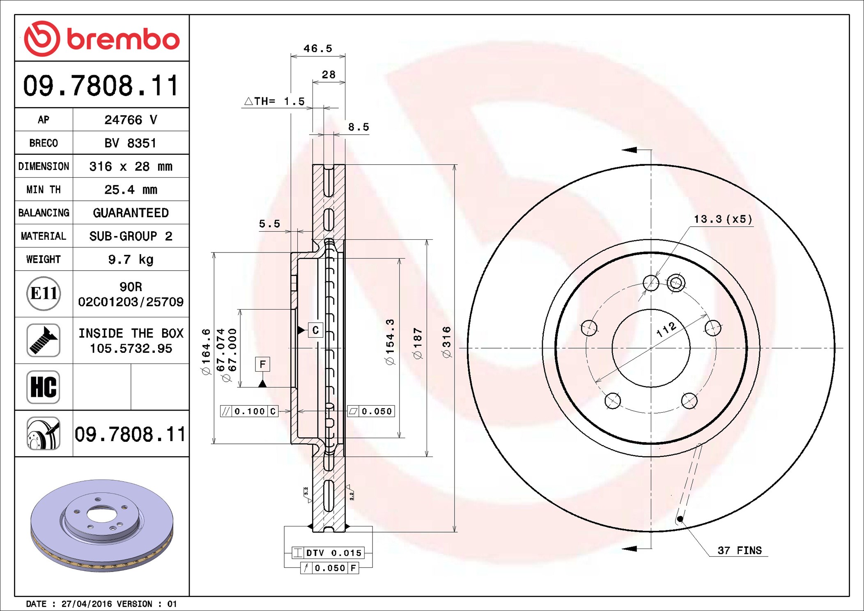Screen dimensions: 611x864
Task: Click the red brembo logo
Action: click(x=101, y=39)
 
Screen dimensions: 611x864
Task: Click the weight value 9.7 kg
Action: click(x=131, y=260)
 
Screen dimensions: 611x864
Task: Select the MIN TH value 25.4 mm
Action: click(x=131, y=190)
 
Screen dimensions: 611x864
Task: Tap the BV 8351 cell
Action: click(x=131, y=143)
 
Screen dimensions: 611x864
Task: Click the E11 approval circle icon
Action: click(x=44, y=294)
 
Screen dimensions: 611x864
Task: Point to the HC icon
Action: click(x=44, y=387)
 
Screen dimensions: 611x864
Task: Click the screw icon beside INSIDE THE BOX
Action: click(x=44, y=340)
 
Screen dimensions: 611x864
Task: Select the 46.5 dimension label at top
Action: click(x=317, y=49)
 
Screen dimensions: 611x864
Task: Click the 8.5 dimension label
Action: click(x=358, y=127)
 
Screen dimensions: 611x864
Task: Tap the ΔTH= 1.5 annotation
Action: click(x=275, y=101)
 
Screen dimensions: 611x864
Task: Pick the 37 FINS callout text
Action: click(x=739, y=551)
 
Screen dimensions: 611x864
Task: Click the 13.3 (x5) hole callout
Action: click(x=723, y=219)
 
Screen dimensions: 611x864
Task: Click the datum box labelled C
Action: click(x=315, y=330)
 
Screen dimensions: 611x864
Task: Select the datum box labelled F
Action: click(x=262, y=364)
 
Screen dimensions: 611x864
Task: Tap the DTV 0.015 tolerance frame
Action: click(x=328, y=553)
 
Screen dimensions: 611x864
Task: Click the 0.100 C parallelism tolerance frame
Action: click(x=249, y=411)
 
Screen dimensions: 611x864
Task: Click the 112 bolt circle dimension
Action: click(x=666, y=329)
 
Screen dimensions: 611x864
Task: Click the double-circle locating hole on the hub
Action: click(x=676, y=283)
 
